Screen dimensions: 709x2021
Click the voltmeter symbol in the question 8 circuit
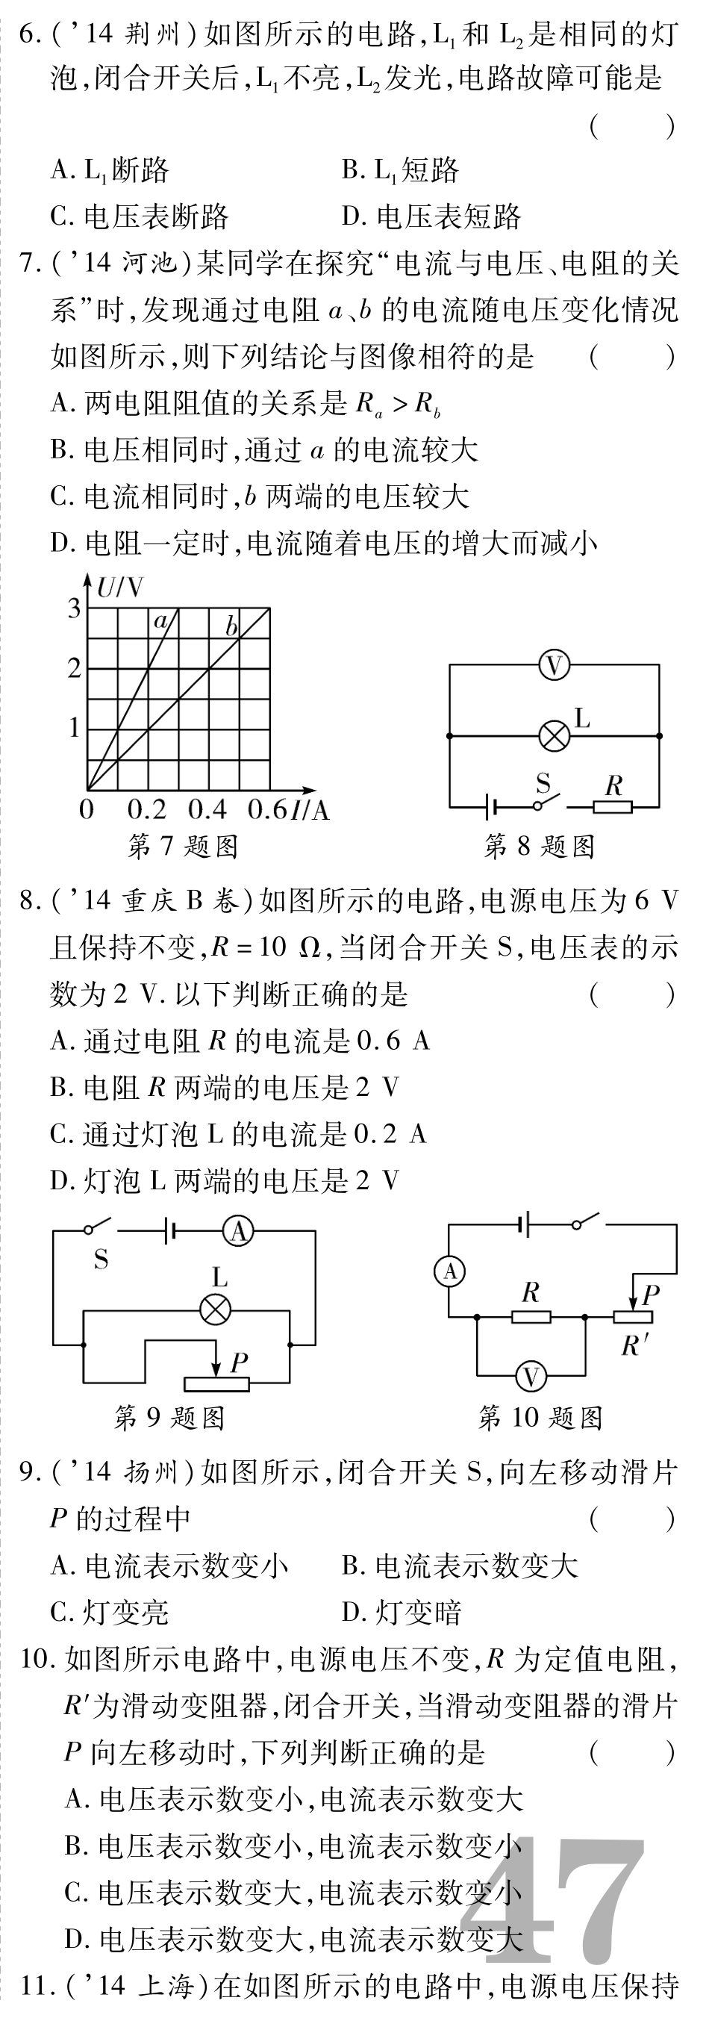(x=554, y=666)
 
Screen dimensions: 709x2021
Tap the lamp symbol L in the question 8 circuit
(x=555, y=736)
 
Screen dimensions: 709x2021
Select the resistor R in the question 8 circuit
(x=613, y=806)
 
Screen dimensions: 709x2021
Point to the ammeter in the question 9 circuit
(x=238, y=1232)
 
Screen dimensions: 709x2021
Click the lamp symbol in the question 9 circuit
(x=216, y=1310)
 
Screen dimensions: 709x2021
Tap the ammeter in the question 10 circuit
(x=449, y=1271)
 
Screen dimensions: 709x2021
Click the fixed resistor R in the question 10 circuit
(x=531, y=1317)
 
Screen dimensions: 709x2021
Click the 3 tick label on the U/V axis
(x=75, y=608)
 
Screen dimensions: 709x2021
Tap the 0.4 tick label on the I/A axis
(x=207, y=809)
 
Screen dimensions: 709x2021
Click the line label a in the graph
(x=160, y=622)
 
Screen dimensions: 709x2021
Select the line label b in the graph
(x=231, y=626)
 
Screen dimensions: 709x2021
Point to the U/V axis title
(x=120, y=588)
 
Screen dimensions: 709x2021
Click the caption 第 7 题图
(x=183, y=847)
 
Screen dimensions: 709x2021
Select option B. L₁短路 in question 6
(x=400, y=170)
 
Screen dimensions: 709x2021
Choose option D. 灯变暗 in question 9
(x=402, y=1613)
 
